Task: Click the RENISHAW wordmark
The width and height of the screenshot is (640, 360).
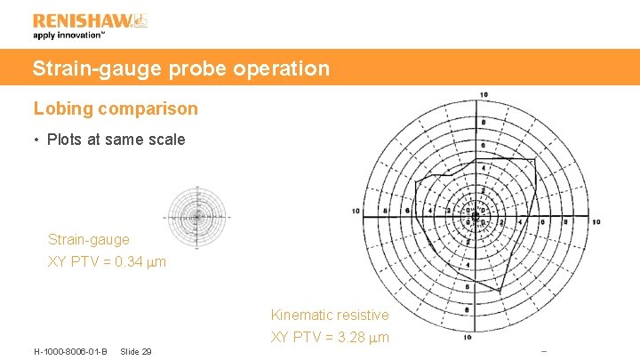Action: click(x=82, y=20)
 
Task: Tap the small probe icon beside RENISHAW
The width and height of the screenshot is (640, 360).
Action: click(x=140, y=20)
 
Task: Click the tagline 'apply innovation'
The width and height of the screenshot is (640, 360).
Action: click(x=69, y=36)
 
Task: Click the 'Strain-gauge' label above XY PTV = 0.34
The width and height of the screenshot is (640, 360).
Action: click(x=88, y=240)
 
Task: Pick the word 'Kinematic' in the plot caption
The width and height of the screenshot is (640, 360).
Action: click(x=300, y=315)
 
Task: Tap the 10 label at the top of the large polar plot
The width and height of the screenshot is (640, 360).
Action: click(x=483, y=95)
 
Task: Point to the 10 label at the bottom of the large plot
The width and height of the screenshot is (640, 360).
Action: click(x=468, y=338)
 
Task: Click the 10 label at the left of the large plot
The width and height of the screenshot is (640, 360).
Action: click(x=356, y=212)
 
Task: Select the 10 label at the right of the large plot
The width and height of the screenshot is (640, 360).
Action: click(x=596, y=221)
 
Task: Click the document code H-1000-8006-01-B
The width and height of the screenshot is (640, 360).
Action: click(x=70, y=352)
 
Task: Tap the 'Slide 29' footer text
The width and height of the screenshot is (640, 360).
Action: click(x=135, y=352)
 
